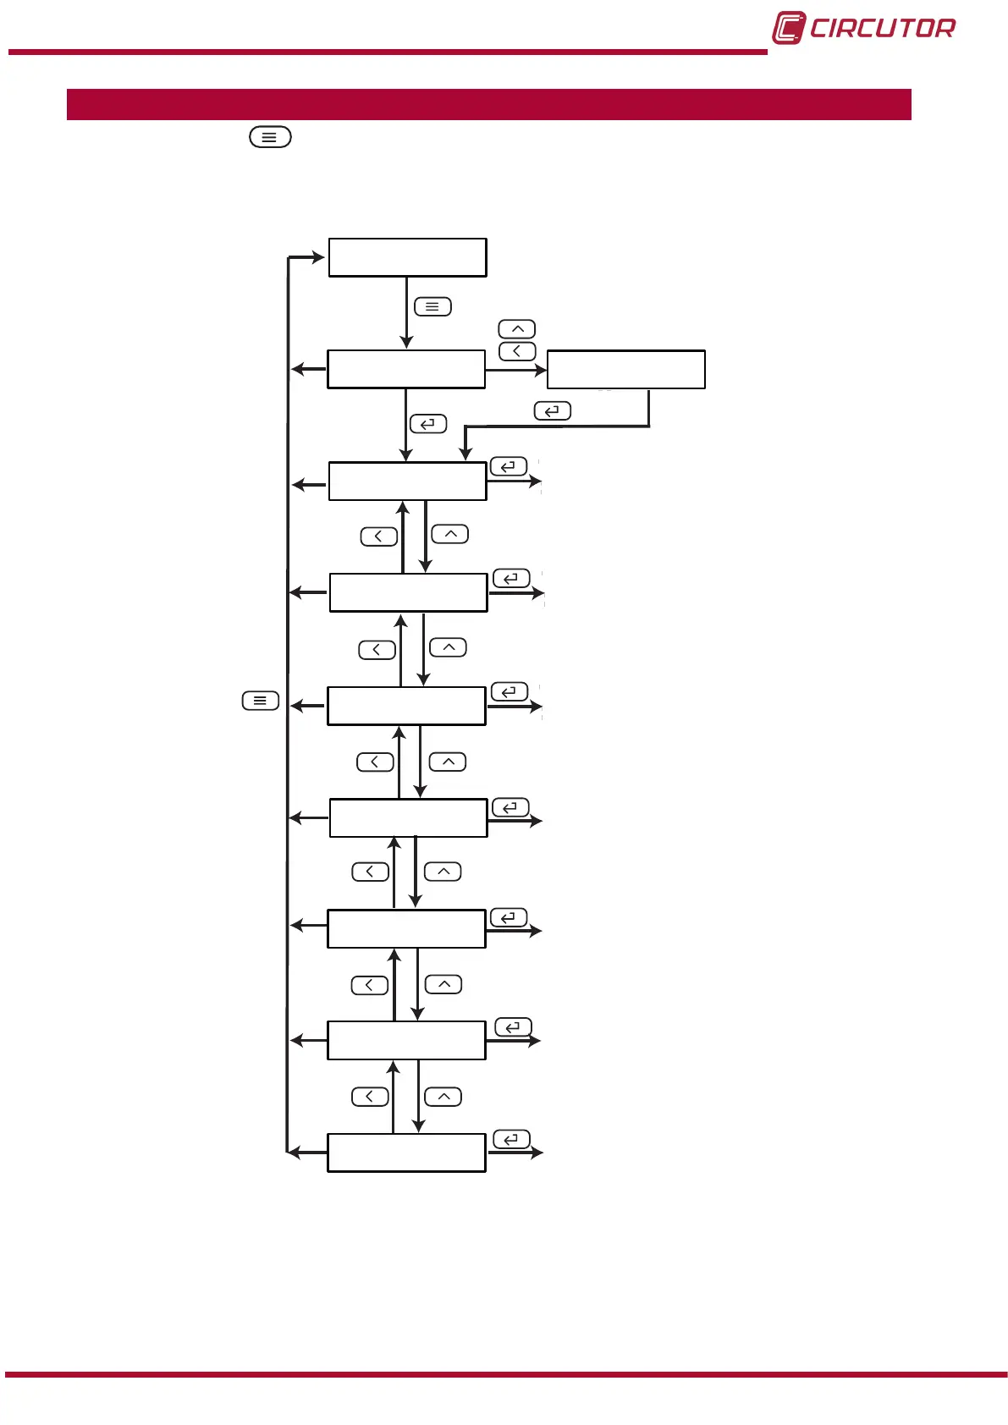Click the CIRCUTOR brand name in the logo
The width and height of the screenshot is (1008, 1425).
[882, 29]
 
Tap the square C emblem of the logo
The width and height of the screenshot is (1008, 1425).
[788, 28]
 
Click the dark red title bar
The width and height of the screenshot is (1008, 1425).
[488, 104]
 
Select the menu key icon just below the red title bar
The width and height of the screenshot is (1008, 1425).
[270, 136]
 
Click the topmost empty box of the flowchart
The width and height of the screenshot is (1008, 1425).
[407, 257]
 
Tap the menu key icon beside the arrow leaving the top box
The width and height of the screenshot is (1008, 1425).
[432, 306]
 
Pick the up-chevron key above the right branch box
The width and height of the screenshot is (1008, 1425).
[517, 329]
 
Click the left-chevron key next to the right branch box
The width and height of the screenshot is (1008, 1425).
[517, 351]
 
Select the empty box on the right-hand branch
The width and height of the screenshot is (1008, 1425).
[625, 370]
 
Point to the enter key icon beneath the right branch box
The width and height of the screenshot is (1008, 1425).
[553, 411]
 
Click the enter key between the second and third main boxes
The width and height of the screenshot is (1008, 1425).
[428, 424]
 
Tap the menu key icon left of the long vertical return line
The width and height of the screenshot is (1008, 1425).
[261, 701]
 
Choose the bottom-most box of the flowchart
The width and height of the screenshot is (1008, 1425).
[406, 1153]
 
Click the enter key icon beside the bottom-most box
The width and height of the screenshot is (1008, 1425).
[511, 1140]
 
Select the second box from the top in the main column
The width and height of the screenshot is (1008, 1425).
[406, 370]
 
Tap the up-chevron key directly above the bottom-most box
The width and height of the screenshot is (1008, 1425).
[443, 1097]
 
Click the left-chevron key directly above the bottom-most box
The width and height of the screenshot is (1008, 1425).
[370, 1097]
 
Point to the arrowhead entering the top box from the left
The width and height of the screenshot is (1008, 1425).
[319, 257]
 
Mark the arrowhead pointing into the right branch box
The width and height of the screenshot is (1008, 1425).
[541, 370]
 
